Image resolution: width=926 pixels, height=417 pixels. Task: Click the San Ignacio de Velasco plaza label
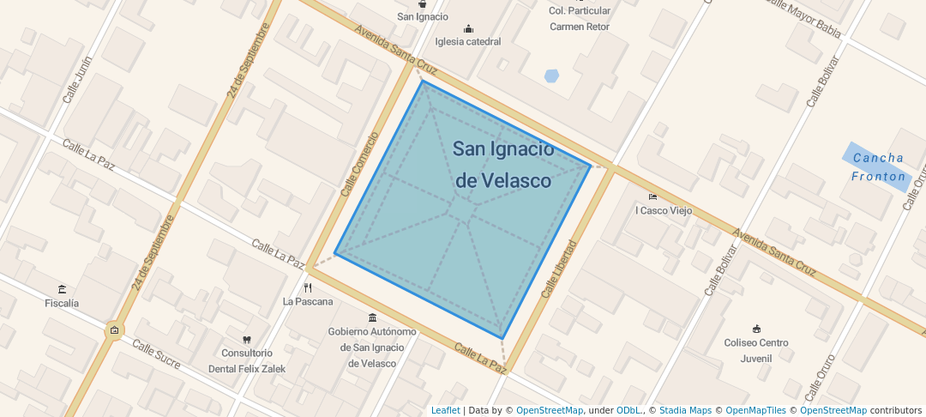click(502, 165)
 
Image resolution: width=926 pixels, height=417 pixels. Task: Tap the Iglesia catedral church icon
click(467, 28)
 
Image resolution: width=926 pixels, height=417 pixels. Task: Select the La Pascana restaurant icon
click(308, 288)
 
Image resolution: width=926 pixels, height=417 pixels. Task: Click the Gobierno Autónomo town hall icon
click(372, 318)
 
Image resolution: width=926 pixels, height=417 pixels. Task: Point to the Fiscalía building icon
click(62, 289)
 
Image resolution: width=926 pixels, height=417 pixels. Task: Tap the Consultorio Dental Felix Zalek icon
click(247, 340)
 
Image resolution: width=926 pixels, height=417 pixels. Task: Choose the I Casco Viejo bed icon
click(652, 196)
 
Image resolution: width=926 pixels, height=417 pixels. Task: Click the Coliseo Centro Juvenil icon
click(756, 329)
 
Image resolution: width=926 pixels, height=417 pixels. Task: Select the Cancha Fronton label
click(877, 167)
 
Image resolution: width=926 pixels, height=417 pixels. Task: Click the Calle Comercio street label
click(359, 164)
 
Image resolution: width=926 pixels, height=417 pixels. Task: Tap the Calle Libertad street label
click(558, 269)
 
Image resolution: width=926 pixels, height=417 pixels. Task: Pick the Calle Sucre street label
click(155, 354)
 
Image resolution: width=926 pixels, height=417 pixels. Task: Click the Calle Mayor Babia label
click(803, 18)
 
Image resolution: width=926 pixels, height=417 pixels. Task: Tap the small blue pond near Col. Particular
click(551, 76)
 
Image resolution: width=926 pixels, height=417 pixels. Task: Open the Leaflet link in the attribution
click(445, 410)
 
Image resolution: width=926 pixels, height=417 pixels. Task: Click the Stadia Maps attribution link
click(684, 410)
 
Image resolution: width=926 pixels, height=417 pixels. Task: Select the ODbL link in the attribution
click(628, 410)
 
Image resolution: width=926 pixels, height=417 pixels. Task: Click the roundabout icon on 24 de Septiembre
click(114, 330)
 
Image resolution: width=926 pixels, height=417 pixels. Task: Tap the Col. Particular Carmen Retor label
click(580, 18)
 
